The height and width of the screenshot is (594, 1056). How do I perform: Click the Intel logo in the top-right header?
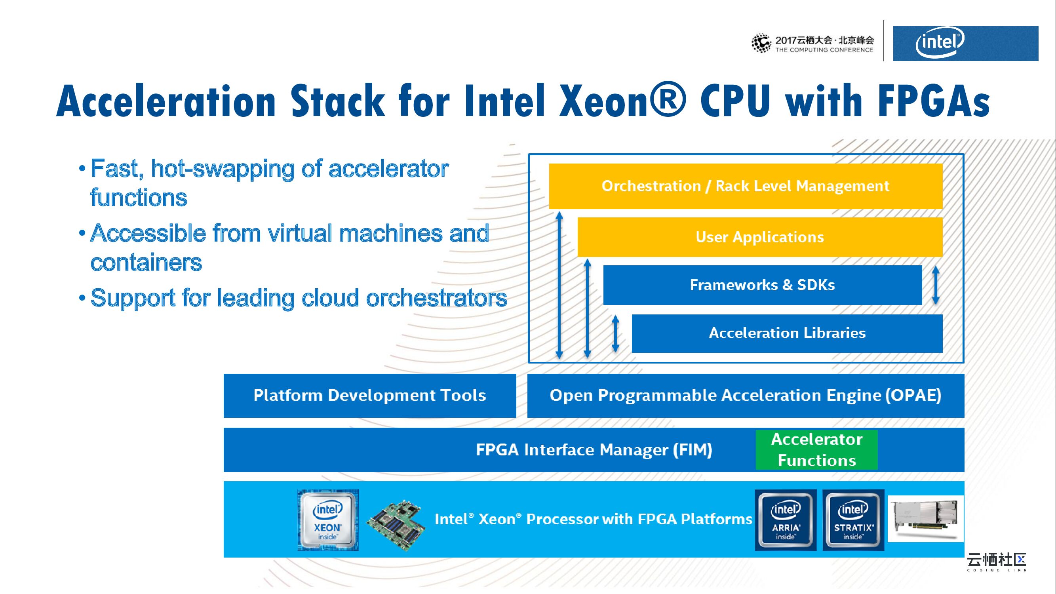940,43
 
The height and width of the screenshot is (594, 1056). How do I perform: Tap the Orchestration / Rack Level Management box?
745,187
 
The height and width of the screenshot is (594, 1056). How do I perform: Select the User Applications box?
759,237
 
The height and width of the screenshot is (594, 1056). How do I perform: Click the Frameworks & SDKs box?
762,285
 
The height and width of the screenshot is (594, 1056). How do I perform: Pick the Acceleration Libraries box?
787,333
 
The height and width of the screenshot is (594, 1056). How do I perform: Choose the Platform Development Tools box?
369,396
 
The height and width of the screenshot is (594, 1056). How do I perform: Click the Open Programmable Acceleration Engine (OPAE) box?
745,396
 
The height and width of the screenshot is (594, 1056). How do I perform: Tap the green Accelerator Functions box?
816,450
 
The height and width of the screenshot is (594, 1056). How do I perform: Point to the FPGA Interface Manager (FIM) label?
594,450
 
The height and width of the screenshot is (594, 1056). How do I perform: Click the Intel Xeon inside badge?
327,520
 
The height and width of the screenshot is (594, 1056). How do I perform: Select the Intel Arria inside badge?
786,520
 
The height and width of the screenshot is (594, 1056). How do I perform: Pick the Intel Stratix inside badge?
853,520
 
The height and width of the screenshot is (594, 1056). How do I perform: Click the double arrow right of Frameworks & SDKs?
936,285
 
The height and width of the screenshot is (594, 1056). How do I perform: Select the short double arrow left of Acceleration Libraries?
615,333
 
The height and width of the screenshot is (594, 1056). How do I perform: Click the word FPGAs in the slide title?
935,101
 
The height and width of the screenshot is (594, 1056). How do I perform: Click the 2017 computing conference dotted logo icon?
761,44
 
